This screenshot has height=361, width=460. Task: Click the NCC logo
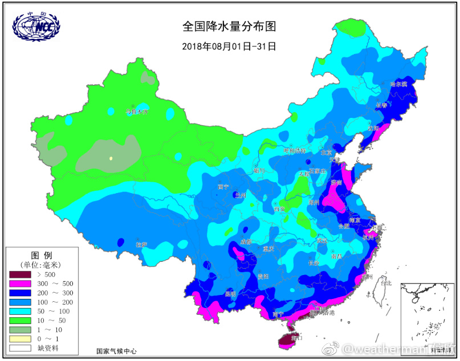point(36,25)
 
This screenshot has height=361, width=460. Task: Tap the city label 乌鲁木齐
point(137,112)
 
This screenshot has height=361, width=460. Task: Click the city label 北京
point(325,152)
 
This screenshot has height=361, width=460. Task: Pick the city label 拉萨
point(141,244)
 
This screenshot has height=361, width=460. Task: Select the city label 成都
point(246,241)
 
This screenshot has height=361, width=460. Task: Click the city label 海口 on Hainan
point(296,338)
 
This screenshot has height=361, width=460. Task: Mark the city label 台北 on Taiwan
point(386,283)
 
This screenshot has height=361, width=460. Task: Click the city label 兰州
point(240,195)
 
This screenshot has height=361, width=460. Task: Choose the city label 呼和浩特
point(295,150)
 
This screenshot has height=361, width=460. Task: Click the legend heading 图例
point(41,255)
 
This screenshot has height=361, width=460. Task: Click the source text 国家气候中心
point(116,351)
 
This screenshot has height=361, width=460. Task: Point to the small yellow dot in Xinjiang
point(111,158)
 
